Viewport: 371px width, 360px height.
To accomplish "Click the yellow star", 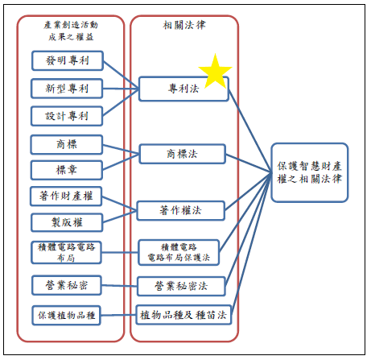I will (215, 71).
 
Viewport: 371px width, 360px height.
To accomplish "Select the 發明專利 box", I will (68, 60).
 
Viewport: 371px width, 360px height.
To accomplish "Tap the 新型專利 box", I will (68, 88).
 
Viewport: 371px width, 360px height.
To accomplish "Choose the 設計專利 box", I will (68, 115).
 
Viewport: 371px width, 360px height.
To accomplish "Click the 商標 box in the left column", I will (68, 144).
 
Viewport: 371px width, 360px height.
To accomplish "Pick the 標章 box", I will (68, 170).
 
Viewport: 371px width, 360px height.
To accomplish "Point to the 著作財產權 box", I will (68, 196).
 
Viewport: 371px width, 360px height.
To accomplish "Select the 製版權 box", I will (68, 221).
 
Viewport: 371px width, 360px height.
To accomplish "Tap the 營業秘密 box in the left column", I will (68, 284).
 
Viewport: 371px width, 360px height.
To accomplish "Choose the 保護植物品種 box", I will (68, 314).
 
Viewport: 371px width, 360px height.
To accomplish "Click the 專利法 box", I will (184, 89).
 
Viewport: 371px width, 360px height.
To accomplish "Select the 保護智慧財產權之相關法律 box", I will (309, 172).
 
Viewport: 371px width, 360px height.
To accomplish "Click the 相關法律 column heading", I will (183, 26).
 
